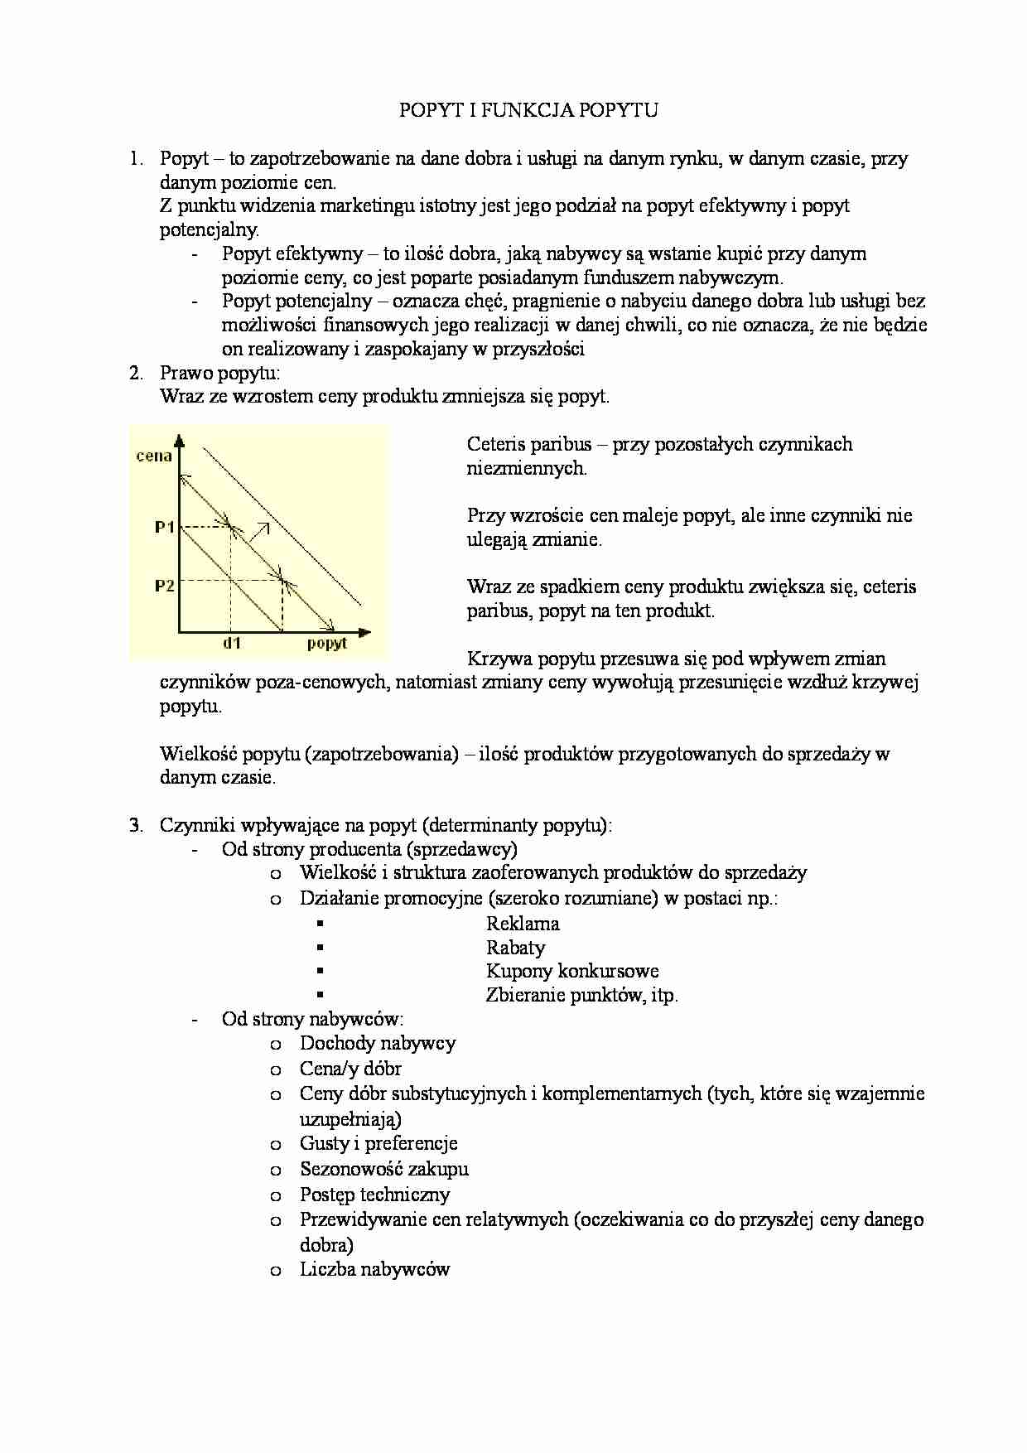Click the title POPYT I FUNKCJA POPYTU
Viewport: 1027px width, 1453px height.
click(x=528, y=110)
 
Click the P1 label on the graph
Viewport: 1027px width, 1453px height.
click(x=165, y=526)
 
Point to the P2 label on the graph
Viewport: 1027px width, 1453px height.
click(x=165, y=586)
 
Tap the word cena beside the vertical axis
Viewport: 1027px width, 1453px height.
click(x=154, y=456)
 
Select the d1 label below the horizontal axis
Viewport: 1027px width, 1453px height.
click(x=232, y=644)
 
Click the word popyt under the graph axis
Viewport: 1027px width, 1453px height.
click(x=326, y=644)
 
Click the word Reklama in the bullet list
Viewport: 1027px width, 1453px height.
click(x=523, y=924)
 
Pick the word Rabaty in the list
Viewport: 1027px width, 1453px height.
click(x=515, y=948)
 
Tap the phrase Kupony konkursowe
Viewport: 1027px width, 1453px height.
click(x=572, y=971)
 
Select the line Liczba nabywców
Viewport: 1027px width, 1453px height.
click(x=374, y=1269)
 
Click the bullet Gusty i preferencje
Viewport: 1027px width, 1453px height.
click(x=378, y=1143)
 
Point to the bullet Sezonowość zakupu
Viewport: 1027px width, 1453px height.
click(x=384, y=1169)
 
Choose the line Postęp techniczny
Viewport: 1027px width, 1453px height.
click(x=374, y=1195)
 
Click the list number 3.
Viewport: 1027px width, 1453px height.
click(x=135, y=825)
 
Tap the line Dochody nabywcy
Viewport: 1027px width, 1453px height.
click(x=378, y=1043)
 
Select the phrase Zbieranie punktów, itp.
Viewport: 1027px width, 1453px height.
click(x=582, y=995)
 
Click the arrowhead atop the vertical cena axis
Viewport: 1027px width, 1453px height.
click(x=179, y=439)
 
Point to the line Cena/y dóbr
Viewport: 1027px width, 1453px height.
click(x=350, y=1069)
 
